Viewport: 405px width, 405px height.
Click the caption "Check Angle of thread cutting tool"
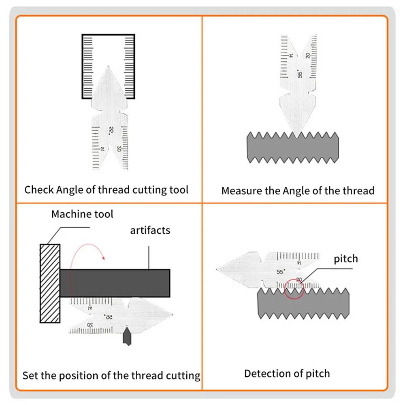tap(107, 190)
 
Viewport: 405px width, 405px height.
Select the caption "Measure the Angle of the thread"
tap(298, 190)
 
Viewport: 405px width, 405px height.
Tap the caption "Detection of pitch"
tap(287, 373)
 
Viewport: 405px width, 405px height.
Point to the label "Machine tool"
tap(82, 214)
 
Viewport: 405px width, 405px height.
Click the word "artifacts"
tap(150, 230)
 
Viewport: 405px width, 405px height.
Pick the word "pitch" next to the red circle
tap(346, 258)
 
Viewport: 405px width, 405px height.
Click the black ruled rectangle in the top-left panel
tap(108, 66)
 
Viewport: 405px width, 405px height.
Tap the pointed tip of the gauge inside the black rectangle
tap(109, 67)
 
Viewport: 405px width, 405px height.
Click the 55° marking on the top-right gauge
tap(300, 74)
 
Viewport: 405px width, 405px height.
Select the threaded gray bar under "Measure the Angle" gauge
tap(292, 147)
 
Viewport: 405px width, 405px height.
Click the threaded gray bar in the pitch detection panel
tap(303, 304)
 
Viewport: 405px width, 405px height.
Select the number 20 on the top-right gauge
tap(309, 56)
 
